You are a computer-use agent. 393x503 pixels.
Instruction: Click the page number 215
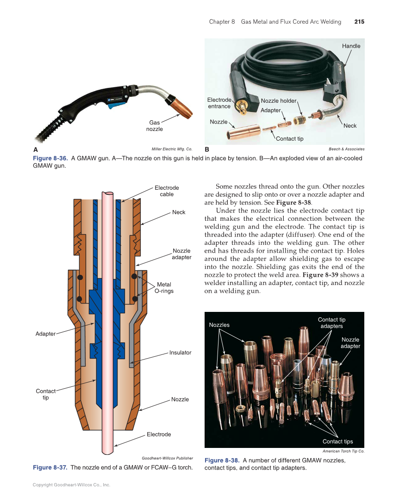(x=359, y=22)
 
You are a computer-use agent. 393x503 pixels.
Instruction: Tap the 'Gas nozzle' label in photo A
(x=154, y=126)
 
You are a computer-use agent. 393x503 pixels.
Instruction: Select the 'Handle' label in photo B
(x=351, y=46)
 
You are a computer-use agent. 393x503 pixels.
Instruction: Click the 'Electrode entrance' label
(x=219, y=103)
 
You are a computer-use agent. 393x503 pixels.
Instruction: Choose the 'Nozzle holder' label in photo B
(x=278, y=101)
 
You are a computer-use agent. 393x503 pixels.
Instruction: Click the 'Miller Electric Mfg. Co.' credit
(x=172, y=149)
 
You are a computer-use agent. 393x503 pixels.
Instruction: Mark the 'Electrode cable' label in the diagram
(x=167, y=191)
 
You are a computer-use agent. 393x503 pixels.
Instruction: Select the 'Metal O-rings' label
(x=164, y=288)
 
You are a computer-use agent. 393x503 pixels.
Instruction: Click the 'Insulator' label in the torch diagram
(x=180, y=353)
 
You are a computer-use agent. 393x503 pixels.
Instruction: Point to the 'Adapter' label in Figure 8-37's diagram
(x=45, y=334)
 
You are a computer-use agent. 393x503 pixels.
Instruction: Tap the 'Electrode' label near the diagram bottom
(x=159, y=435)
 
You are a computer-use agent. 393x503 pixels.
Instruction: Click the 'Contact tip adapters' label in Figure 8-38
(x=331, y=323)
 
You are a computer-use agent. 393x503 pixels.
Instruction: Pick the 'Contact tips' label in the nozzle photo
(x=337, y=441)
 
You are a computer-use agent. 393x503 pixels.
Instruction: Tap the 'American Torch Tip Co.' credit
(x=343, y=451)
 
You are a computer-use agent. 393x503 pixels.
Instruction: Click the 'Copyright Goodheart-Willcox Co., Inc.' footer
(x=71, y=485)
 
